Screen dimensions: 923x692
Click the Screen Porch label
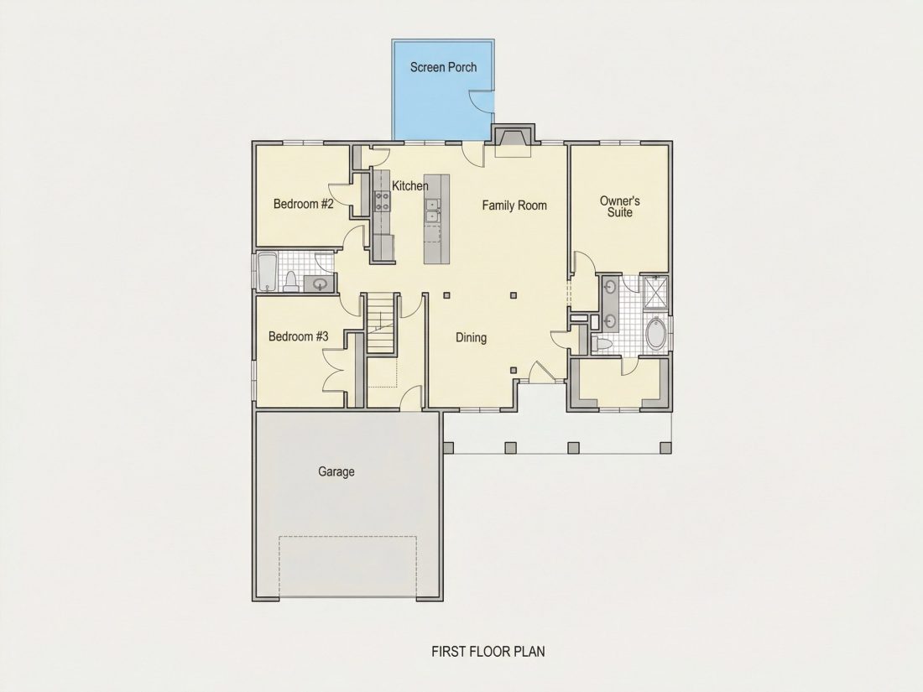[x=443, y=67]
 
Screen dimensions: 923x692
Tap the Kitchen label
[x=410, y=186]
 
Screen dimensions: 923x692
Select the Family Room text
[x=514, y=206]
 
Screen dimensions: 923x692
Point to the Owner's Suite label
[x=620, y=206]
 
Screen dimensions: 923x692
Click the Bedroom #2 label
[x=304, y=204]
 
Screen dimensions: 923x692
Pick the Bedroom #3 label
[x=299, y=336]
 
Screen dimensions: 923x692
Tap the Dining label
[x=471, y=338]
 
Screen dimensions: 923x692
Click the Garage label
[x=336, y=471]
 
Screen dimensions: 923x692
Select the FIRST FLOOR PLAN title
[x=488, y=652]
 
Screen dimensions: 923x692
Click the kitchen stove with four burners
[x=383, y=201]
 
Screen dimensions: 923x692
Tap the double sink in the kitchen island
[x=433, y=210]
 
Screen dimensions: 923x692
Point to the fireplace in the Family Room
[x=513, y=141]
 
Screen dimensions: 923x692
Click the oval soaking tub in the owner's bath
[x=655, y=334]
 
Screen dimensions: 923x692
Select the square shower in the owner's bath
[x=654, y=291]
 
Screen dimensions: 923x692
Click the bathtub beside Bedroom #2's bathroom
[x=268, y=271]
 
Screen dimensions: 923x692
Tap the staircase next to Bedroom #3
[x=381, y=324]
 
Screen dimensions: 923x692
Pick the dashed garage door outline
[x=347, y=566]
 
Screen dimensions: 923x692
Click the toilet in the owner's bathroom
[x=602, y=343]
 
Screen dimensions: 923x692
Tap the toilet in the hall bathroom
[x=291, y=281]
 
